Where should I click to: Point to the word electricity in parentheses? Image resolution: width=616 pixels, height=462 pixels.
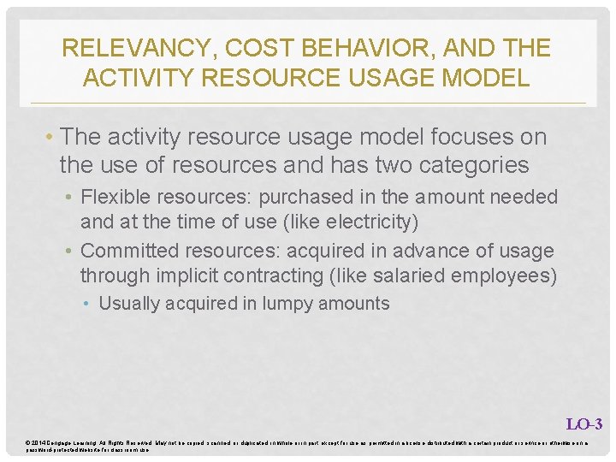370,222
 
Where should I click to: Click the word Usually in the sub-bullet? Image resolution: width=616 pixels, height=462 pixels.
129,304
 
